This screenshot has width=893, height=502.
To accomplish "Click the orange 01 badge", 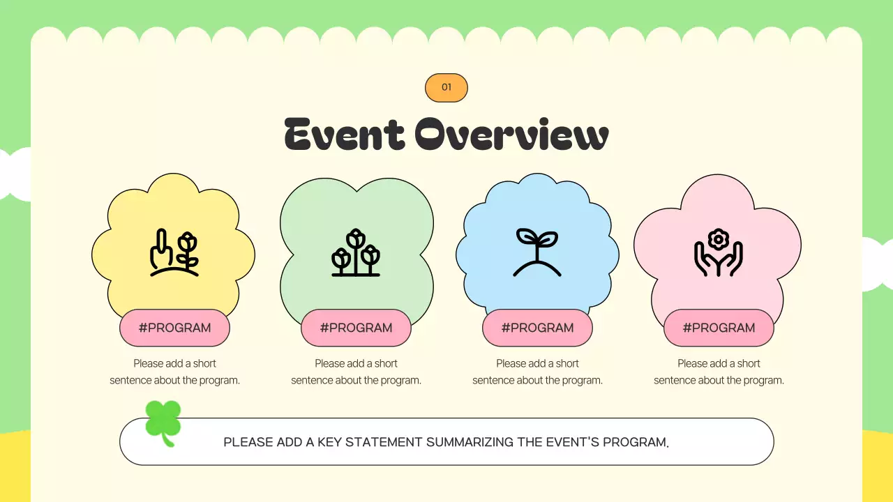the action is point(446,88).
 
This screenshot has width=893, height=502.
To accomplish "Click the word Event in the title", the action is point(345,134).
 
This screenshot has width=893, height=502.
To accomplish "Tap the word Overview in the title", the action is point(511,134).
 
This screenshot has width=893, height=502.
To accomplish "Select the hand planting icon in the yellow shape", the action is point(174,252).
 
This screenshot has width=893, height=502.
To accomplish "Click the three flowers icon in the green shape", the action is point(356,252).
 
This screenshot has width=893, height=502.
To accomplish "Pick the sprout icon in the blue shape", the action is point(537,252).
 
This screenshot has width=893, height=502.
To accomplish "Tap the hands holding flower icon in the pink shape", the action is point(719,252).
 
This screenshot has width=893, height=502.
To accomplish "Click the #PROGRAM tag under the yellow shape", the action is point(174,328).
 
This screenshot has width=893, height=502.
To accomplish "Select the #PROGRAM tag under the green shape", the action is point(356,328).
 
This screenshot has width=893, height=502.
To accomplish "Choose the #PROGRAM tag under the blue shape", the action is point(537,328).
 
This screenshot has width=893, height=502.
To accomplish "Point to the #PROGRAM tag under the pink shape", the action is point(719,328).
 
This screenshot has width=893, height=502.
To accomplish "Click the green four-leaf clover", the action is point(163,423).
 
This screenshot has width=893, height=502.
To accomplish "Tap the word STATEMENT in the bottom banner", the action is point(384,442).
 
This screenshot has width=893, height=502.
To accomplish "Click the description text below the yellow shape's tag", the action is point(174,372).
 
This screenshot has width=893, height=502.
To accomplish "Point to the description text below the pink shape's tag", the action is point(719,372).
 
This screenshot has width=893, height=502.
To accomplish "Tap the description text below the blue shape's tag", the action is point(537,372).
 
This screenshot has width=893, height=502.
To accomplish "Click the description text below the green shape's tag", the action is point(356,372).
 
